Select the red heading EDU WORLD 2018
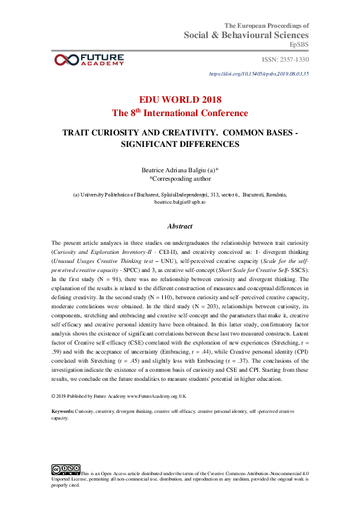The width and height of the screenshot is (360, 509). (180, 100)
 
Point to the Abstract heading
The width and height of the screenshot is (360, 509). (180, 226)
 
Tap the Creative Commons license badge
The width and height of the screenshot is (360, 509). (65, 468)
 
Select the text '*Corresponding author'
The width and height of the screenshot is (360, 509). (180, 179)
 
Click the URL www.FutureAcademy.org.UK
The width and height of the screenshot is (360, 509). (156, 396)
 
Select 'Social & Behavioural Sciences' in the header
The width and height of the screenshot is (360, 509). (246, 36)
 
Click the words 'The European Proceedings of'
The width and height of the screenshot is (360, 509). (267, 25)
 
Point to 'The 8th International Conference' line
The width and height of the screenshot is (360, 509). (180, 113)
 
